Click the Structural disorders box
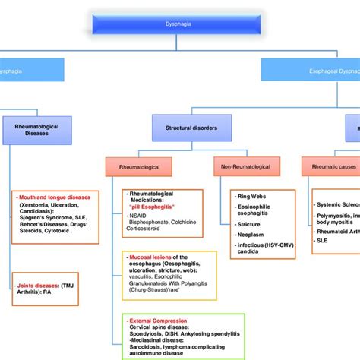coord(191,128)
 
